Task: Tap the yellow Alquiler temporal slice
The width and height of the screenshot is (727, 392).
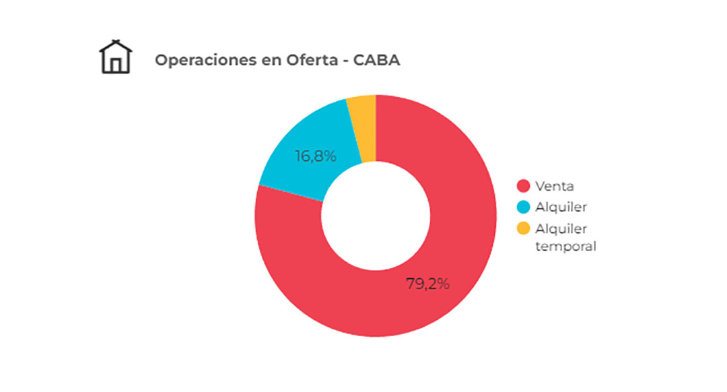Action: (362, 128)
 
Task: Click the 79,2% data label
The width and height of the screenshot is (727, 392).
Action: (427, 284)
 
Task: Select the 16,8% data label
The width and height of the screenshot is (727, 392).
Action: (315, 156)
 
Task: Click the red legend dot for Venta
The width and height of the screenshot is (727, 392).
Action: (523, 186)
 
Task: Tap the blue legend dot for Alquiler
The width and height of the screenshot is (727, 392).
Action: (523, 207)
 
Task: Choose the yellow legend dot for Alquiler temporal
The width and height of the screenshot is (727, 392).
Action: (523, 228)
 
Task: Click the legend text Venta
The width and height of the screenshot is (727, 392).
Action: (555, 186)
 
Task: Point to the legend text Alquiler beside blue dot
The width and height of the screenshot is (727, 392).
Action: (561, 207)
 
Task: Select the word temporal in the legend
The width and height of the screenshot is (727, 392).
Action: (565, 246)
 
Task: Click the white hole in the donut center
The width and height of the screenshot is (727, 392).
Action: (375, 216)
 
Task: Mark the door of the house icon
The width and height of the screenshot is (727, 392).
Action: (116, 65)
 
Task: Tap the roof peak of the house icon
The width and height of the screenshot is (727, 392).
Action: (116, 41)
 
